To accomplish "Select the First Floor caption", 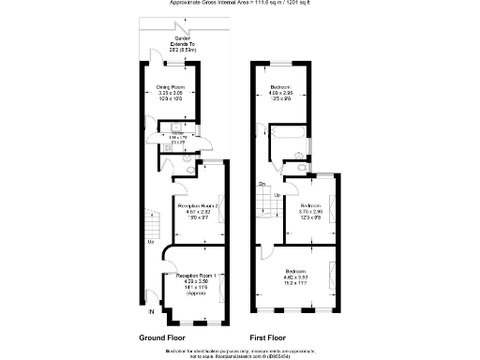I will click(265, 337).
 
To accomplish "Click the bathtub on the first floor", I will click(284, 142).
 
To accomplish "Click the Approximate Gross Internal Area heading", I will click(239, 4).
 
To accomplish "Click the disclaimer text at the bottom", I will click(240, 352).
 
